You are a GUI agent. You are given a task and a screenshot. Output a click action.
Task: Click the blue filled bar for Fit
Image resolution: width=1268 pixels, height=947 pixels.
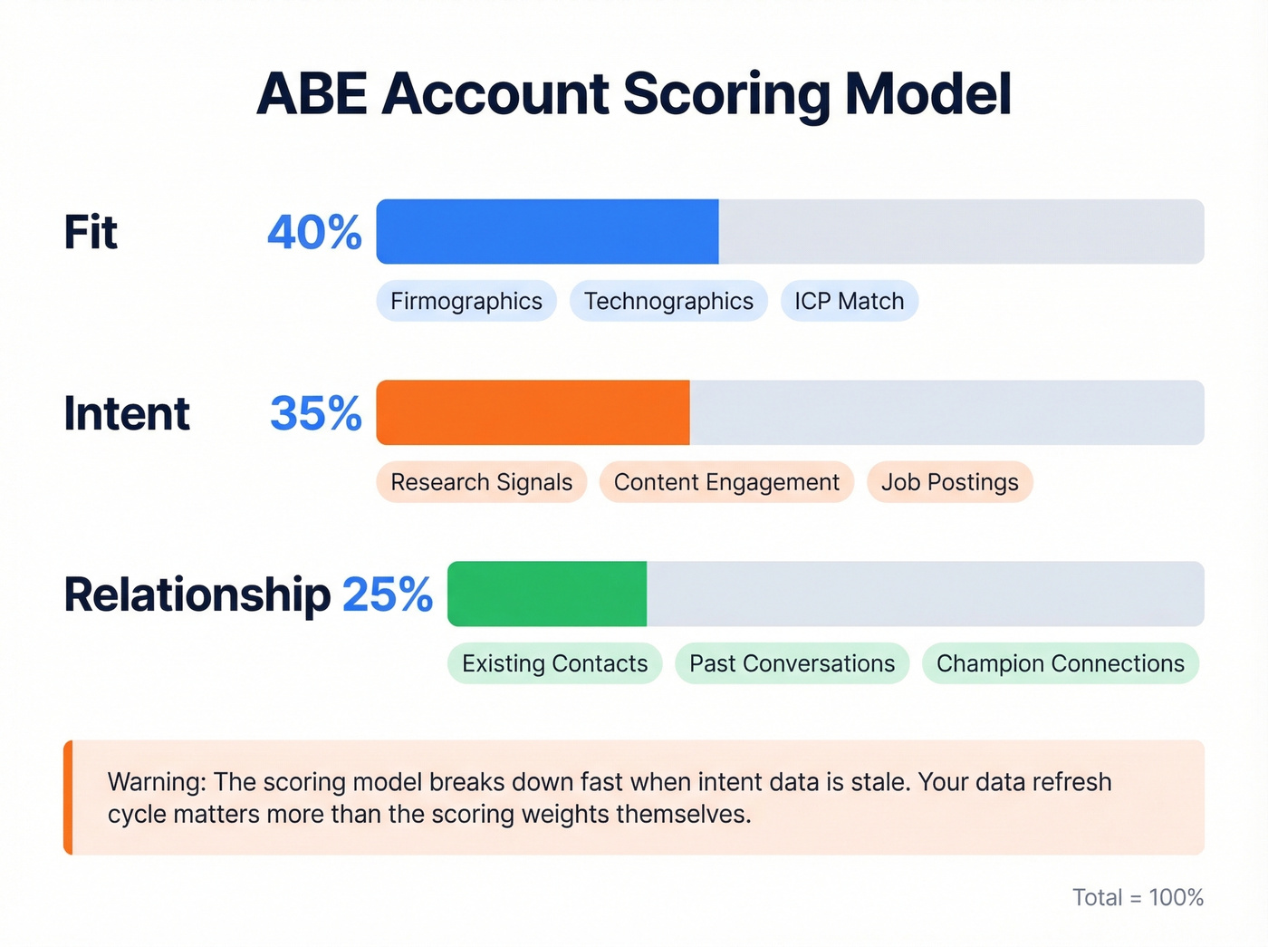click(x=547, y=232)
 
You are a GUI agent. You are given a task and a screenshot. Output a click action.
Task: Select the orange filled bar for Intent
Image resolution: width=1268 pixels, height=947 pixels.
click(x=533, y=413)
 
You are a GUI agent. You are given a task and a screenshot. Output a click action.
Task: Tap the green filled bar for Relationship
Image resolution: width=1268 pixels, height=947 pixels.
click(x=547, y=594)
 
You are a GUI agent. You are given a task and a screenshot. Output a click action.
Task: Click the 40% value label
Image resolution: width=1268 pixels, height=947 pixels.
click(x=314, y=233)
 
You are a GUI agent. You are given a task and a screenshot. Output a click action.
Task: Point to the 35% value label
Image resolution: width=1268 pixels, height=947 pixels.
click(x=316, y=414)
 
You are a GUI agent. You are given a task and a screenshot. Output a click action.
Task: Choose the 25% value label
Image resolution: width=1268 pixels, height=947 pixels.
click(x=388, y=595)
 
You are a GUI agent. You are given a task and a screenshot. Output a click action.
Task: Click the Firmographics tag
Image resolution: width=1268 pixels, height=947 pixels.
click(x=466, y=301)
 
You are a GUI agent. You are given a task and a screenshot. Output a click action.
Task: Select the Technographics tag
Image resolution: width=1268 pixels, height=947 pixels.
click(x=668, y=301)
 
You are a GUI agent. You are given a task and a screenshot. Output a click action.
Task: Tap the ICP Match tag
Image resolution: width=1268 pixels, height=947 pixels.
click(x=850, y=301)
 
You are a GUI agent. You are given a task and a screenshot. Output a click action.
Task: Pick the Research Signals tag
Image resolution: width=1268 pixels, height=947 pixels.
click(x=482, y=482)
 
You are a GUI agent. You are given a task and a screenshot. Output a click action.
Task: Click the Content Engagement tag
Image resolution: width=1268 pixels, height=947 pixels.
click(x=726, y=482)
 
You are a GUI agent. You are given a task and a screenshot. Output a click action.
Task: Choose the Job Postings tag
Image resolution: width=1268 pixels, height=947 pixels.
click(x=950, y=482)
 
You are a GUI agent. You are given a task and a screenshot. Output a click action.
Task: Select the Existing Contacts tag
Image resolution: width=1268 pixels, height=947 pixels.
click(x=554, y=663)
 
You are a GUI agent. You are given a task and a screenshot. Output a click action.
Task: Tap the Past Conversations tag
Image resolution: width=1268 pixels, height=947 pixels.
click(x=792, y=663)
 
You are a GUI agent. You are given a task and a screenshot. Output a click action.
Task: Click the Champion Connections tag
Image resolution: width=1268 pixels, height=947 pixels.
click(x=1061, y=663)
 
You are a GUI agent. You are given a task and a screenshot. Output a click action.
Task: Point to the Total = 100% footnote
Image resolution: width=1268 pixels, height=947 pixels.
click(x=1138, y=897)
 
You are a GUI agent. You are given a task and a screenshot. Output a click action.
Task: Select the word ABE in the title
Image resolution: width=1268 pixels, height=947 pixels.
click(x=312, y=94)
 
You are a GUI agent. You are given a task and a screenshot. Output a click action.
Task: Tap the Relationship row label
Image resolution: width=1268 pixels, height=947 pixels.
click(x=197, y=595)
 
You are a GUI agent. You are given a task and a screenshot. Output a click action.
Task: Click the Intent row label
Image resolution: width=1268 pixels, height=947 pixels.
click(x=127, y=414)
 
